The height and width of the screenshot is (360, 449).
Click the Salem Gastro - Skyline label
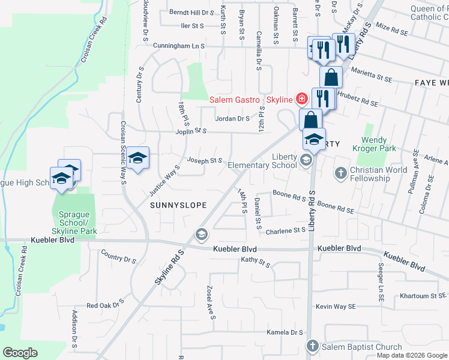(x=250, y=99)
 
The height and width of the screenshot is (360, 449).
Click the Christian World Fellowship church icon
(x=340, y=173)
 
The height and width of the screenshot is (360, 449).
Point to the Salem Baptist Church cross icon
(x=312, y=346)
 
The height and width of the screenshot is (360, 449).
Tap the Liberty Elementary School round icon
(x=306, y=160)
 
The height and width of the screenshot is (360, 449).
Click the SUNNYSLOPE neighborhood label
(x=178, y=205)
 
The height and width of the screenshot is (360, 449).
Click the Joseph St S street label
(x=205, y=161)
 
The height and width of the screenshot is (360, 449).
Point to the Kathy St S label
(x=256, y=261)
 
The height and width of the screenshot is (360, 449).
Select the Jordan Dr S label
(x=232, y=119)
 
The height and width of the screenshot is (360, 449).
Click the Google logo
(x=20, y=353)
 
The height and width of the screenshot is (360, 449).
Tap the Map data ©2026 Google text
(x=412, y=355)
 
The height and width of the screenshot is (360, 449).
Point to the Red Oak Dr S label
(x=104, y=305)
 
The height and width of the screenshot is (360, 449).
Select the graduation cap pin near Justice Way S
(x=138, y=158)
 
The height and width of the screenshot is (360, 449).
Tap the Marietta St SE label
(x=372, y=77)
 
